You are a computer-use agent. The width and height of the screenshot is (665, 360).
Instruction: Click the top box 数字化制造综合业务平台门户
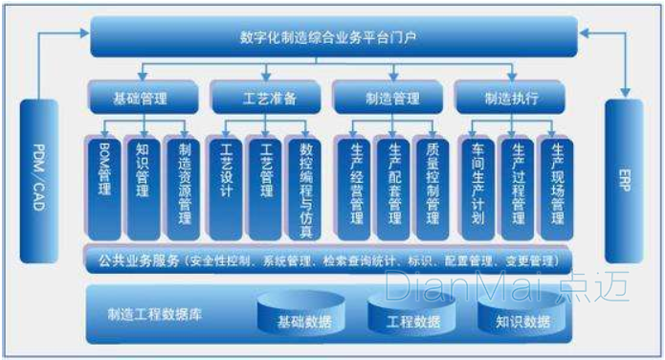pos(334,36)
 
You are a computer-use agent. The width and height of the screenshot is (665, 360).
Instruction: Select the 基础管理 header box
pos(143,98)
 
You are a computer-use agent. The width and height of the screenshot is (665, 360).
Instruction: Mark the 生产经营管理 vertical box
pos(355,187)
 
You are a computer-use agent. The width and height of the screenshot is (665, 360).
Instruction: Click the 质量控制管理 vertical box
pos(432,187)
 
